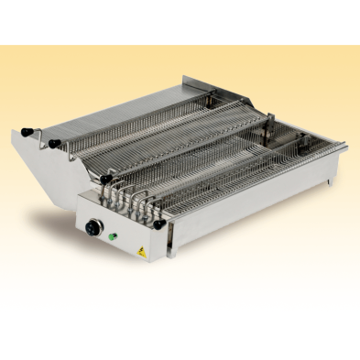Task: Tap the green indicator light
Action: coord(114,236)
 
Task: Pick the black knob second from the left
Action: coord(53,143)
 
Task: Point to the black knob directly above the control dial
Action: coord(106,179)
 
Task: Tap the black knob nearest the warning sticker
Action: coord(159,223)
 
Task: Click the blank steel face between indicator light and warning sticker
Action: coord(126,242)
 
